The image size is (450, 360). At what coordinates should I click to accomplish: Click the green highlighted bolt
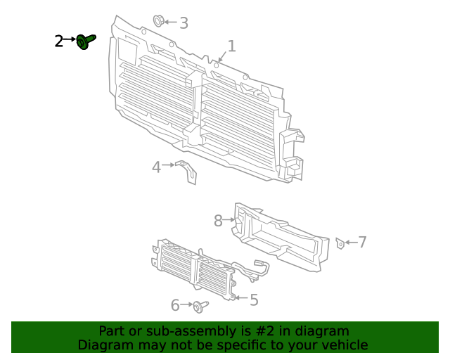point(86,42)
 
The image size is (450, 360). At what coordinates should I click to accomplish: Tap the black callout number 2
point(59,41)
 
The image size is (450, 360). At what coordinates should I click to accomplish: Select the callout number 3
point(184,23)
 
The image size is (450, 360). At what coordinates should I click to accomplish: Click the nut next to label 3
point(159,21)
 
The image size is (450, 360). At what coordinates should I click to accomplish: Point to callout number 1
point(231,46)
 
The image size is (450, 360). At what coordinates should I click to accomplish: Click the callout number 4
point(157,167)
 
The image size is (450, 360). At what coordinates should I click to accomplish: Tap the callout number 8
point(219,221)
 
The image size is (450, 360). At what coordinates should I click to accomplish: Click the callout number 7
point(362,243)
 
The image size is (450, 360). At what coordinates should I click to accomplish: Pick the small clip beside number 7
point(340,243)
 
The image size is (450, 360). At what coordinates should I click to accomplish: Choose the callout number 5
point(254,300)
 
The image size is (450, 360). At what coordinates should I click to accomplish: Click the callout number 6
point(176,305)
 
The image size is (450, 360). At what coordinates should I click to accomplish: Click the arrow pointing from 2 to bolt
point(70,41)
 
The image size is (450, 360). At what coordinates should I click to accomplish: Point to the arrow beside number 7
point(350,243)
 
